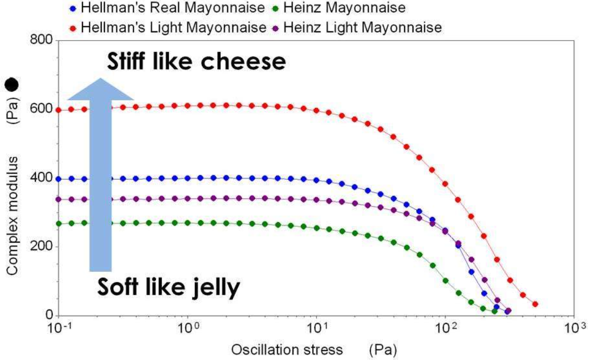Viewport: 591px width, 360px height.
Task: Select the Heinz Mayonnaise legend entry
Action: pos(345,8)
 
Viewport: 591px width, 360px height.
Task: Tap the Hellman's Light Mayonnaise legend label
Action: pos(172,28)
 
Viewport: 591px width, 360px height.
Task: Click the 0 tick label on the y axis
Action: pos(49,315)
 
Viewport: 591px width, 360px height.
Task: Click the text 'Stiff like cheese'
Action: pos(196,63)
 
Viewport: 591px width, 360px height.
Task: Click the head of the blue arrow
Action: pos(101,89)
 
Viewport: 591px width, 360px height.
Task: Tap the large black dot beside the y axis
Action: pos(11,85)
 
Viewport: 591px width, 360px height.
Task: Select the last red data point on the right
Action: pos(535,304)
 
